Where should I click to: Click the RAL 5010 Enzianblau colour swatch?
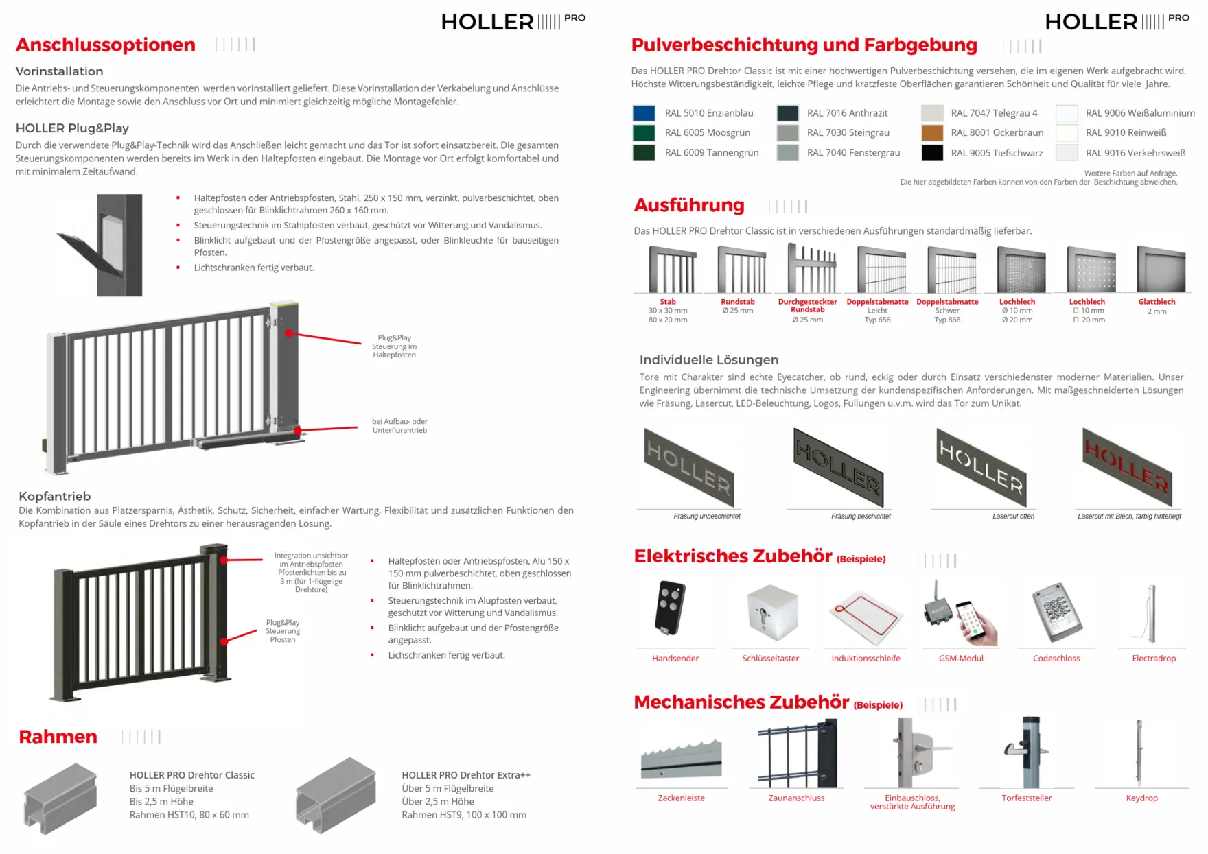(643, 113)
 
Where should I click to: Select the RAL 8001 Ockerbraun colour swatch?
(931, 132)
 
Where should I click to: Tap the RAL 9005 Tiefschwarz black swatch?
(931, 152)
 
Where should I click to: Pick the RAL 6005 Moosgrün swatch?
(643, 132)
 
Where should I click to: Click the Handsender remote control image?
(670, 607)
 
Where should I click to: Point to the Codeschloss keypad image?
(1057, 612)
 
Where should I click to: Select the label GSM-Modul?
(961, 659)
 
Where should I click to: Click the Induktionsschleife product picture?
(866, 615)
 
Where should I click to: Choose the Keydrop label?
(1141, 798)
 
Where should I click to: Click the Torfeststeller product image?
(1027, 752)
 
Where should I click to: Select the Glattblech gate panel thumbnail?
(1160, 269)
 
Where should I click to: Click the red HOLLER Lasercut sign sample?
(1126, 466)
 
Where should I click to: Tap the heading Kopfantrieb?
(55, 496)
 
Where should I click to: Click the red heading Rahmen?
(58, 737)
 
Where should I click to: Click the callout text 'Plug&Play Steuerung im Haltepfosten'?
(394, 346)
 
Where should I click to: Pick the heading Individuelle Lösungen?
(708, 360)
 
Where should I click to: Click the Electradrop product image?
(1151, 613)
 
